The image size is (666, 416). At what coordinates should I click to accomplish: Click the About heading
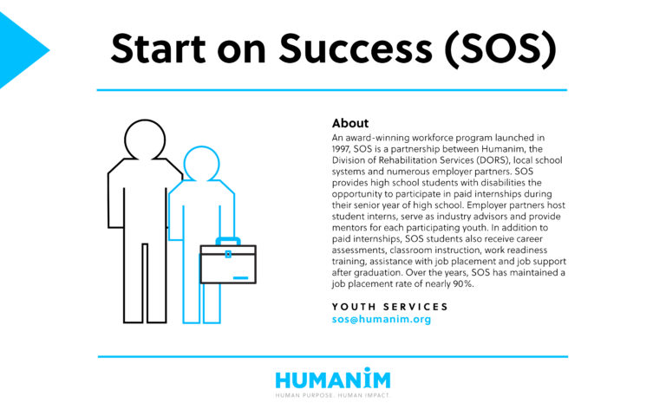tap(350, 123)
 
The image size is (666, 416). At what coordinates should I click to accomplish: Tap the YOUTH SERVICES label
tap(390, 307)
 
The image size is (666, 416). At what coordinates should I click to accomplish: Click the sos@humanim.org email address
tap(382, 320)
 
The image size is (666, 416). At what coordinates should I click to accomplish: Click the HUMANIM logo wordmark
tap(333, 379)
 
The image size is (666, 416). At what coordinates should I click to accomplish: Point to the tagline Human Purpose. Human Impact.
tap(333, 395)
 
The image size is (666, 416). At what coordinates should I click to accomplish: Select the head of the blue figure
tap(201, 163)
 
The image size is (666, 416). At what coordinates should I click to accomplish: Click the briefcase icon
tap(227, 263)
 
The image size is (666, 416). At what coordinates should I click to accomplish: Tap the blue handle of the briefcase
tap(227, 240)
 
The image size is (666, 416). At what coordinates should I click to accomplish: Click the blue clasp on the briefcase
tap(228, 254)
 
